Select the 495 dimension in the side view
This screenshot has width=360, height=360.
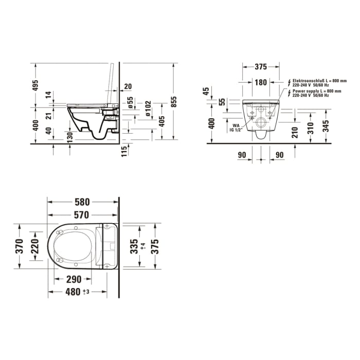click(35, 86)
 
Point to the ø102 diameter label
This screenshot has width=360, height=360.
click(148, 109)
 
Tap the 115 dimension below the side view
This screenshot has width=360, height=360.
click(124, 151)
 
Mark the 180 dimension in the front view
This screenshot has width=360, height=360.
click(261, 82)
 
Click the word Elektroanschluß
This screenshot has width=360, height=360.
click(308, 81)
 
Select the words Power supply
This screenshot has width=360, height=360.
click(304, 91)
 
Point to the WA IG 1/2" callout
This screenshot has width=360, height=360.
click(236, 128)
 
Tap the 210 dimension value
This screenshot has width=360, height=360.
click(295, 133)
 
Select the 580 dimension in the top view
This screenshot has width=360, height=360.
click(82, 202)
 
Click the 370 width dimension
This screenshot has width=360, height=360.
click(19, 246)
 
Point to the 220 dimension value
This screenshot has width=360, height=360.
click(35, 247)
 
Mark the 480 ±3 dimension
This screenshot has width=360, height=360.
click(77, 292)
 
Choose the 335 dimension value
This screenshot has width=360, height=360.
click(135, 246)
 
